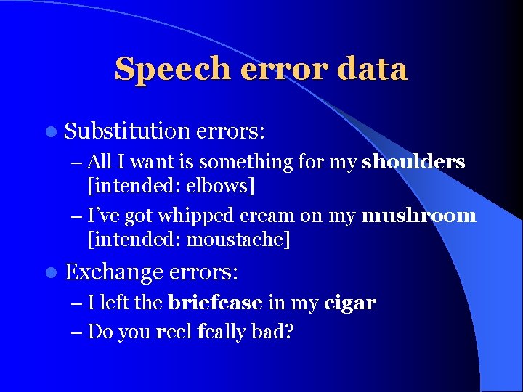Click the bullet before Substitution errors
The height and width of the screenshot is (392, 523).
coord(49,132)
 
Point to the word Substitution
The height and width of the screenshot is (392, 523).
coord(126,131)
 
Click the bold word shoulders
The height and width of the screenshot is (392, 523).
coord(413,162)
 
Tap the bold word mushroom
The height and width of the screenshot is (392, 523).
coord(419,216)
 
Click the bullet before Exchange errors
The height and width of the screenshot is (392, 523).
coord(49,273)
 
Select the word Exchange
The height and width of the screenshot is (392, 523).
coord(114,272)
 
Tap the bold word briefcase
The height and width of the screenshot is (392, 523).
coord(215,303)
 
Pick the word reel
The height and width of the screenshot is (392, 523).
coord(174,332)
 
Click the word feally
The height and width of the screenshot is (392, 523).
coord(222,332)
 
